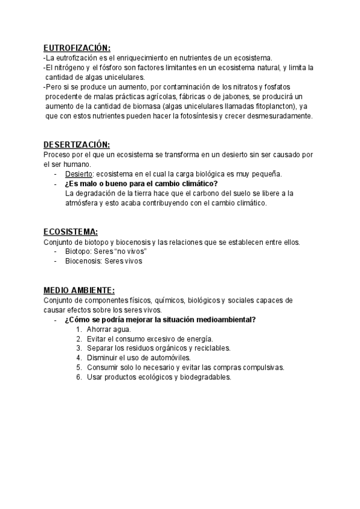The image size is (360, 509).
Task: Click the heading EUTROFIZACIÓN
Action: [77, 48]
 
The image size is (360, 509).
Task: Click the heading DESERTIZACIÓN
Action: [76, 145]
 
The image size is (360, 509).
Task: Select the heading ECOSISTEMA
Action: [70, 232]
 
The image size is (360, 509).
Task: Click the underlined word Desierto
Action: [78, 174]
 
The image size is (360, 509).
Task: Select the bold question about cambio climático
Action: [141, 184]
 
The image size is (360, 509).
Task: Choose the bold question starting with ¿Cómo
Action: [160, 319]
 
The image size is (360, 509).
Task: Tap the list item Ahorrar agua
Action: [109, 329]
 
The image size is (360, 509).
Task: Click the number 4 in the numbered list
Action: [79, 358]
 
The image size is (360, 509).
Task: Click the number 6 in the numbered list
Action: [79, 377]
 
